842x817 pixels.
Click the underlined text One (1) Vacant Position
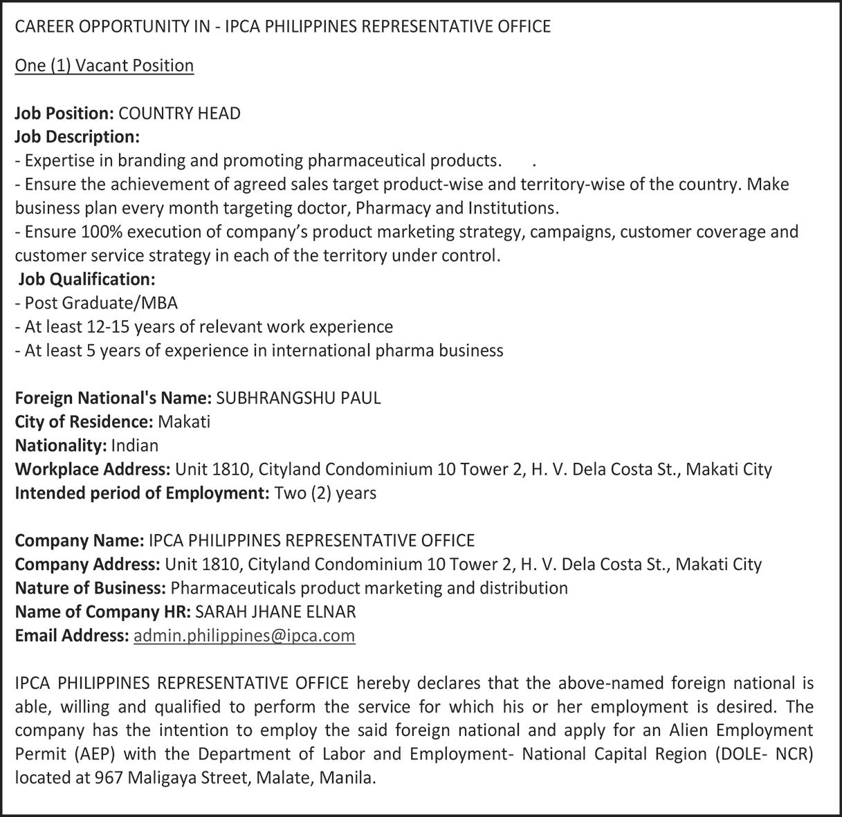click(104, 66)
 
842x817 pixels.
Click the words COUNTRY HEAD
click(180, 113)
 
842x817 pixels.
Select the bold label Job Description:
click(77, 137)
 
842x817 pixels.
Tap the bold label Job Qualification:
click(86, 279)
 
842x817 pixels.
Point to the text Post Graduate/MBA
click(101, 303)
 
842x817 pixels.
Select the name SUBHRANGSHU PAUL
click(298, 398)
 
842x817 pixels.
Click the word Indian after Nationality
click(134, 445)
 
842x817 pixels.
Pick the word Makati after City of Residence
click(184, 421)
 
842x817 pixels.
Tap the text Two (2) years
click(325, 493)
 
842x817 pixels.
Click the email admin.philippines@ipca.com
click(244, 636)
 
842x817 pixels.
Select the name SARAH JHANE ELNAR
click(276, 612)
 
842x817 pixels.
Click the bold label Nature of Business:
click(90, 588)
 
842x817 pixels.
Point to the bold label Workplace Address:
click(93, 469)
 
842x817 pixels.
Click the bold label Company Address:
click(88, 564)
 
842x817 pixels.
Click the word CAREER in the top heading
click(41, 27)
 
